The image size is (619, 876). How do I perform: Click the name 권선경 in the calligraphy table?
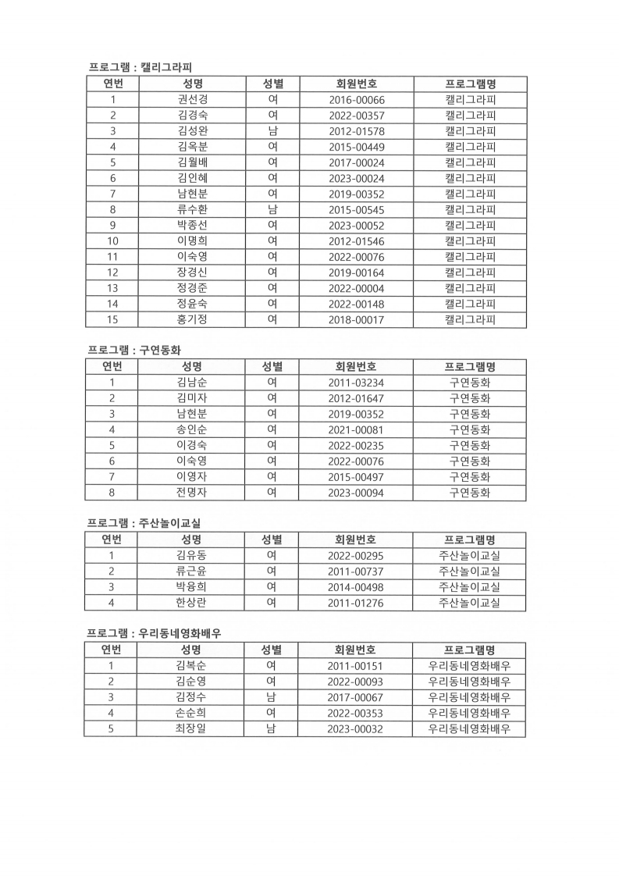(x=192, y=99)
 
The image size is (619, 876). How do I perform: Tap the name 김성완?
(x=192, y=131)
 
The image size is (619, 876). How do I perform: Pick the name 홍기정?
(x=192, y=319)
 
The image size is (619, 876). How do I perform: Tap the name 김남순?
(x=192, y=383)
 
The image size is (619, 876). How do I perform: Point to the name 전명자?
(x=192, y=492)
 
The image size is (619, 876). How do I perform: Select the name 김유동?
(x=191, y=555)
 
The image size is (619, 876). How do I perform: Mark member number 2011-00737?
(x=356, y=572)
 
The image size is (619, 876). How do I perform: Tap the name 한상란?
(x=191, y=603)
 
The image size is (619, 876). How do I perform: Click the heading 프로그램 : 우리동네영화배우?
(x=154, y=633)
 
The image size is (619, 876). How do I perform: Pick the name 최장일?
(x=191, y=728)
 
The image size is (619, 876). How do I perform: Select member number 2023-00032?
(x=356, y=728)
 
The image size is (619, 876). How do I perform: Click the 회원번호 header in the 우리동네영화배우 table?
(x=356, y=650)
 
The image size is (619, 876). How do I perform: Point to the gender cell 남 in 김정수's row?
(x=271, y=697)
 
